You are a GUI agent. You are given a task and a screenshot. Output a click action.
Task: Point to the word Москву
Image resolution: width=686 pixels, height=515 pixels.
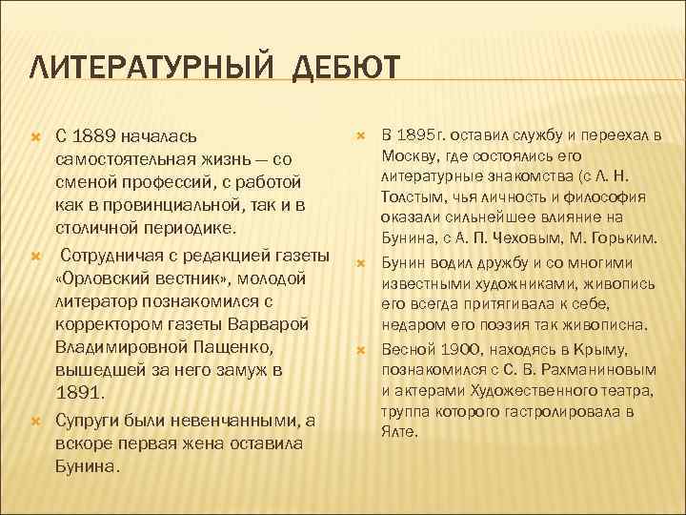[408, 154]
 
